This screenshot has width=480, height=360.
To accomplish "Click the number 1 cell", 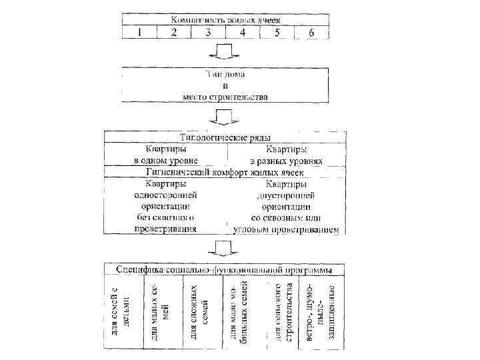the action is pos(138,32).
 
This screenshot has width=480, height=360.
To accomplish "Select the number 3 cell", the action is pos(208,32).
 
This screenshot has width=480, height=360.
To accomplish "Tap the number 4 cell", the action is pos(243,32).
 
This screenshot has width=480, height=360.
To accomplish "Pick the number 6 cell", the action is pos(311,32).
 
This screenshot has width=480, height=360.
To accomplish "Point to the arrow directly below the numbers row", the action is pos(225,52).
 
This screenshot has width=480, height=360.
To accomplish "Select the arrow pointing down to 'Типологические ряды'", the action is pos(225,119).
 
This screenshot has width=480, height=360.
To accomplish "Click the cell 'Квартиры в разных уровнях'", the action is pos(287,155).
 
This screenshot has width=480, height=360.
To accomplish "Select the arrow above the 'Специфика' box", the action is pos(225,250).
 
